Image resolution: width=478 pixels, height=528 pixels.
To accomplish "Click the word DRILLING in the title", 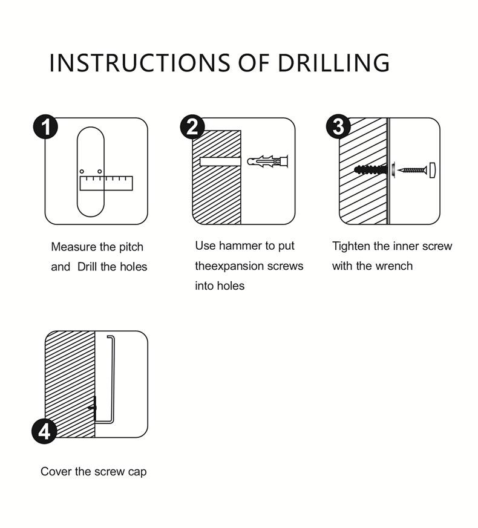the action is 334,63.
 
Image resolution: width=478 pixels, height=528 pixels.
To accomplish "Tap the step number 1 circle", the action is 45,128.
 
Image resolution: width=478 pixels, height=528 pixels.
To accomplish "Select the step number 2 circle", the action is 192,128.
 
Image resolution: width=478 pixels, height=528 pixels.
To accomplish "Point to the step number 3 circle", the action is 339,128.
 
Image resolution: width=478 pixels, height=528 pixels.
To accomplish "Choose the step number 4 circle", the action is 44,431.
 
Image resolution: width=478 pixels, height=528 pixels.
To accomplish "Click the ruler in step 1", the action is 106,183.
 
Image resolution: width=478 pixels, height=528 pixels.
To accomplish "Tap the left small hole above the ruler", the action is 82,171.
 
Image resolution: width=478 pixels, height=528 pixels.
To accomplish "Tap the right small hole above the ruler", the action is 100,171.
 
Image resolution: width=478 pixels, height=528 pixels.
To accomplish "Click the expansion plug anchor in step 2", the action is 268,161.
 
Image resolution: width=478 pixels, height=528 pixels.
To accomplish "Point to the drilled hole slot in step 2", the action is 220,161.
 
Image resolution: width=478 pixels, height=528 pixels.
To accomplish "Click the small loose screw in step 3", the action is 412,171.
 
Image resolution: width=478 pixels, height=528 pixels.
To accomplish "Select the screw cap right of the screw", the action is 432,171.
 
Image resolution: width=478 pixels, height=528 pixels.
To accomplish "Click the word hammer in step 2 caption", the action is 240,246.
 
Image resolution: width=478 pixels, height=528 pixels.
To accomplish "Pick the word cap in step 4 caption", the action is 137,472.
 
